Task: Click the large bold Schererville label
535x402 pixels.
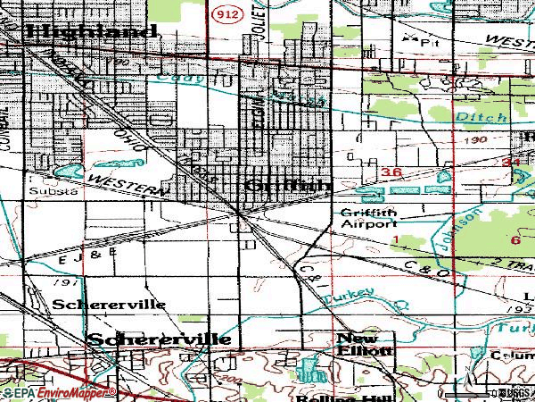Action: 160,339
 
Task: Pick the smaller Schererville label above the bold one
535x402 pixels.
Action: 109,304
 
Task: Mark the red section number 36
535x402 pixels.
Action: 390,171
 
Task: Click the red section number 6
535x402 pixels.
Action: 515,240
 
